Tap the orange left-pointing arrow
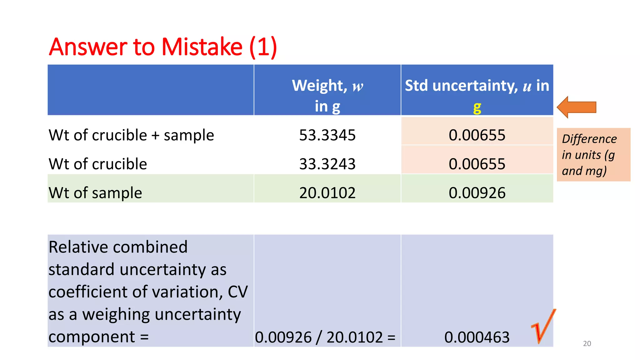coord(577,107)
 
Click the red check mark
coord(544,327)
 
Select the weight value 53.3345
coord(327,135)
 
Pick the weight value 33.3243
coord(327,164)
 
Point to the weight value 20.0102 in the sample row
coord(327,193)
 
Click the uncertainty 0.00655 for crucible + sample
coord(477,135)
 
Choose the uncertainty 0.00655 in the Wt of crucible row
coord(477,164)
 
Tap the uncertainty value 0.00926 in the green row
coord(477,193)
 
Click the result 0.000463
coord(477,337)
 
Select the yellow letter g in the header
coord(477,107)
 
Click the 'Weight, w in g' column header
coord(327,95)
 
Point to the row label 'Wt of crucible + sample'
coord(131,135)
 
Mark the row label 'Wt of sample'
coord(95,193)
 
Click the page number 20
coord(587,344)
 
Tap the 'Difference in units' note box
coord(593,155)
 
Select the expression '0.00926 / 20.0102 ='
coord(325,337)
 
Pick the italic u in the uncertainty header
coord(527,86)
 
